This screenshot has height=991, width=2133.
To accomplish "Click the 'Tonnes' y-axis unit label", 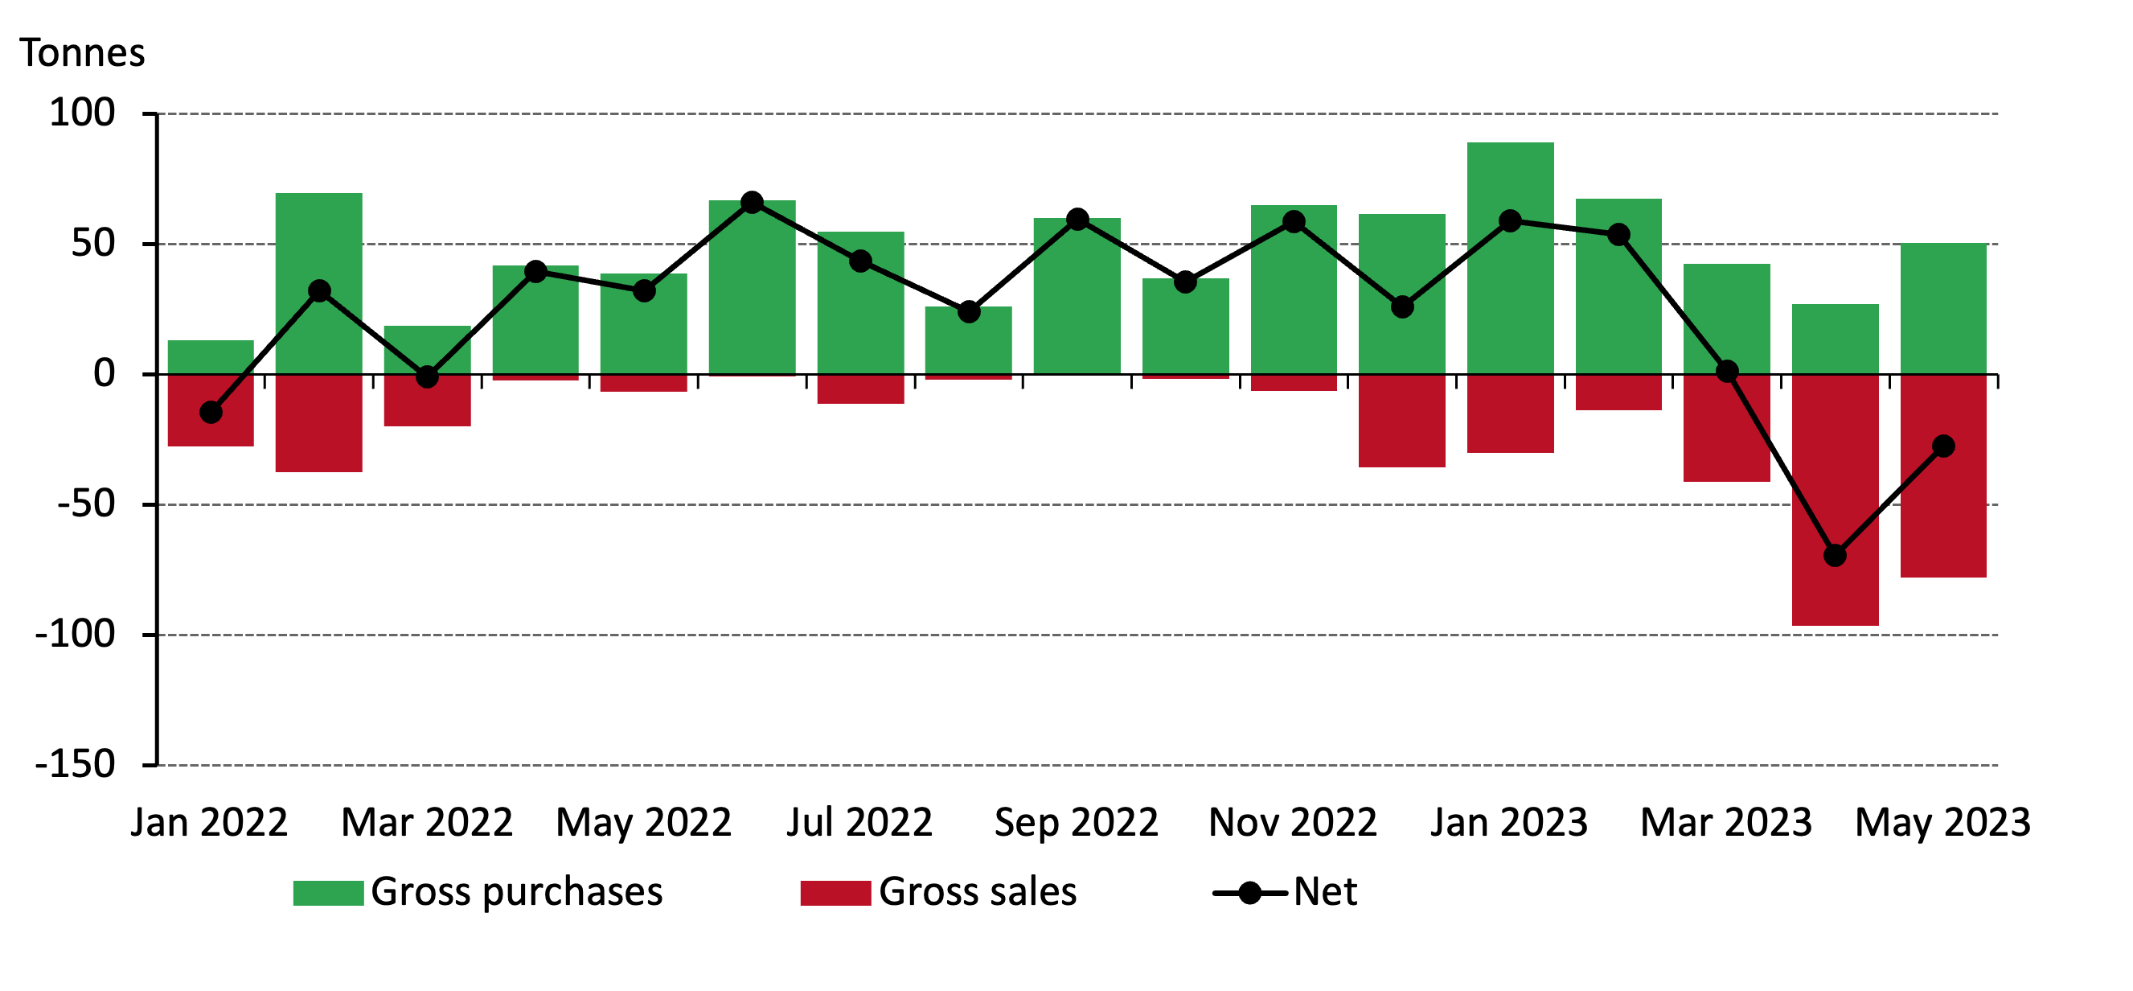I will pos(82,53).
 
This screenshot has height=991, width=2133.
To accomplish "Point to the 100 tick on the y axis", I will pos(82,113).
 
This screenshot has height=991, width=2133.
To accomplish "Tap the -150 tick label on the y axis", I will pos(75,764).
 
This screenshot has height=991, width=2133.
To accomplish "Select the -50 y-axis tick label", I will pos(85,504).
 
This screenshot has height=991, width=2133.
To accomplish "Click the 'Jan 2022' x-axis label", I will pos(209,823).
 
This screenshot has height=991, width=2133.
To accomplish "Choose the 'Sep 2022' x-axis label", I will pos(1076,823).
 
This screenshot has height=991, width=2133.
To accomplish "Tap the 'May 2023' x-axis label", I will pos(1942,823).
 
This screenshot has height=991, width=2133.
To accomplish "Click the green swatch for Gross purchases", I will pos(328,893).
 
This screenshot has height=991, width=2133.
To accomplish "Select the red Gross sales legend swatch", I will pos(835,893).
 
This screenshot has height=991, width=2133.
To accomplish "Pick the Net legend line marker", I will pos(1249,893).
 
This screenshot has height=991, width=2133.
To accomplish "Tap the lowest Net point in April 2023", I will pos(1835,555).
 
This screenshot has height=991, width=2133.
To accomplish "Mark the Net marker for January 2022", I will pos(211,412).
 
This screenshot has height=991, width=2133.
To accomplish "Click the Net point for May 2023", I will pos(1943,446).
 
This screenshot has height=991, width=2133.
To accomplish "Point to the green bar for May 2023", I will pos(1943,308).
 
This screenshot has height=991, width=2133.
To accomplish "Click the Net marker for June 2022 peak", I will pos(752,202).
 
